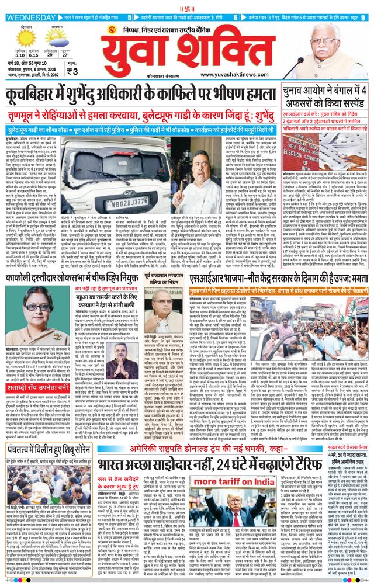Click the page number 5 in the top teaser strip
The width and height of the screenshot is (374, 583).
[130, 18]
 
